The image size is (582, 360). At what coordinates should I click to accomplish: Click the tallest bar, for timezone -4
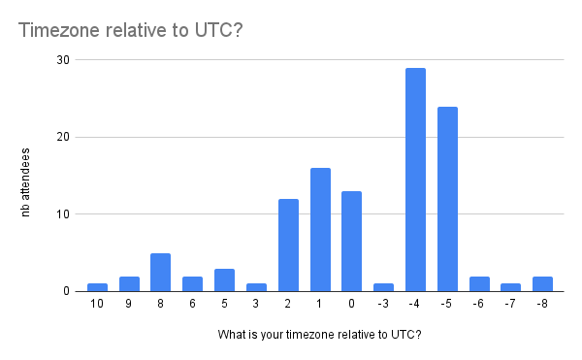(x=415, y=180)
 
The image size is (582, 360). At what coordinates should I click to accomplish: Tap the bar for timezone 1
(x=320, y=230)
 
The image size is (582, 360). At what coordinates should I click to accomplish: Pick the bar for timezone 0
(x=352, y=241)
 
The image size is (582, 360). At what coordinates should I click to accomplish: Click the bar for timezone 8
(x=161, y=272)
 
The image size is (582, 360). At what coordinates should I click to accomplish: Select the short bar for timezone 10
(x=97, y=287)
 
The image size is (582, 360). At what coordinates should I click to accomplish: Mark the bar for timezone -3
(x=383, y=287)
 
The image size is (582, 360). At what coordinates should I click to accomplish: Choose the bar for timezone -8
(x=542, y=283)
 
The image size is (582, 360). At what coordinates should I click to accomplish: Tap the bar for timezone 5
(x=224, y=279)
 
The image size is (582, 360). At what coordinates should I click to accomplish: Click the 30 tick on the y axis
(x=62, y=60)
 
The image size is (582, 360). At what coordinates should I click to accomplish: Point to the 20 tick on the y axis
(x=62, y=137)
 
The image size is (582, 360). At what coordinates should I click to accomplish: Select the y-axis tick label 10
(x=62, y=214)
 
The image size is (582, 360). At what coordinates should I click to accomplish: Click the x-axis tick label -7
(x=510, y=305)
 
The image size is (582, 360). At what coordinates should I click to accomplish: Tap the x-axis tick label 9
(x=129, y=305)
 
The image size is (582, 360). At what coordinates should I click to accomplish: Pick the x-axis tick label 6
(x=193, y=305)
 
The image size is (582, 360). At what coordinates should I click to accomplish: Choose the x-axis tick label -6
(x=478, y=305)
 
